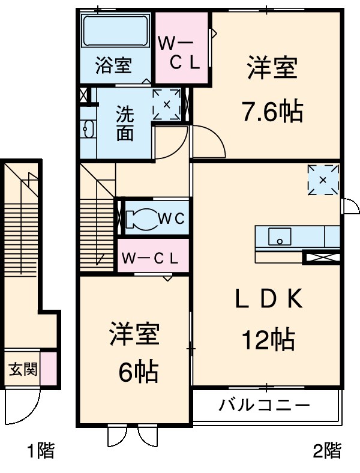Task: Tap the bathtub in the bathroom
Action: click(114, 34)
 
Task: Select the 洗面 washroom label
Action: click(125, 123)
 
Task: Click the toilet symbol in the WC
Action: click(140, 218)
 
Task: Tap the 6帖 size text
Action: click(137, 372)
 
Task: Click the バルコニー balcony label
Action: click(265, 405)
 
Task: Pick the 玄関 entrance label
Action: click(23, 368)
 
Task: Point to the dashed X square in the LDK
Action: click(323, 179)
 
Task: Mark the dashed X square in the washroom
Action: click(166, 104)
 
